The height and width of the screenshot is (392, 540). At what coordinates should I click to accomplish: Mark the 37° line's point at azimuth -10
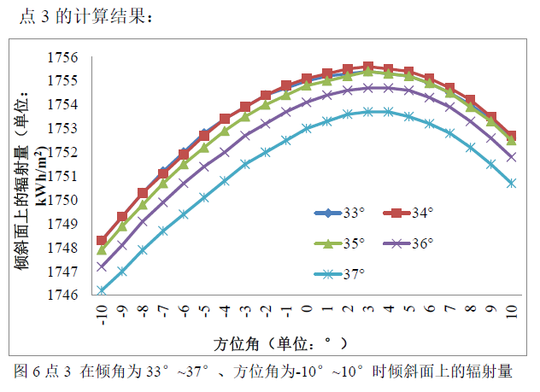point(102,290)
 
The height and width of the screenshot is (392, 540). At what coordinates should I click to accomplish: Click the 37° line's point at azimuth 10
point(512,183)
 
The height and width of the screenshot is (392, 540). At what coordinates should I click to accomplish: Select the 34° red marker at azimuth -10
point(102,241)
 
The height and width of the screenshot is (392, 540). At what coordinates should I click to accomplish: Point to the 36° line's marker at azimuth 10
point(512,157)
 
